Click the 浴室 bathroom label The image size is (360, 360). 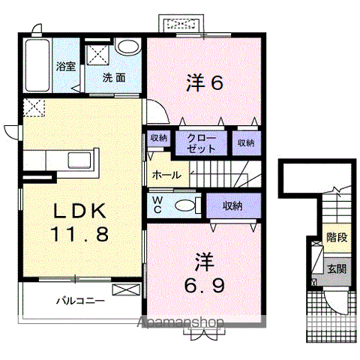click(65, 66)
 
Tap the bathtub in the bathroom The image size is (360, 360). click(37, 65)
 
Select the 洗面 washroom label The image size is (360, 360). click(114, 78)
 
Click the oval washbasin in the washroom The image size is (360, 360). click(129, 47)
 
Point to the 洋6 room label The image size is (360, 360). click(205, 82)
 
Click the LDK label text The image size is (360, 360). click(80, 211)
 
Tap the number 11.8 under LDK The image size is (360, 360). click(80, 234)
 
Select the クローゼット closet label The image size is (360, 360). click(201, 143)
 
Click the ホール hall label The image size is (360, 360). click(166, 175)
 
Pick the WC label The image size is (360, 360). click(157, 205)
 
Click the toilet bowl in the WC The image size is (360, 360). click(185, 205)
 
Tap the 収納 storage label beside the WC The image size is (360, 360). click(232, 205)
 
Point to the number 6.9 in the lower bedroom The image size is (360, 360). click(205, 286)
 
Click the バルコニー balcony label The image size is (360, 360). click(80, 300)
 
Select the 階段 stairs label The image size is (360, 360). click(337, 237)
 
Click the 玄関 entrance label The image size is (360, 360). click(337, 269)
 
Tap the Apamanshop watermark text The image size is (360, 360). click(180, 322)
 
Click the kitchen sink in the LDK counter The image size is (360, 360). click(79, 160)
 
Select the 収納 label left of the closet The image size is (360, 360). click(159, 138)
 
